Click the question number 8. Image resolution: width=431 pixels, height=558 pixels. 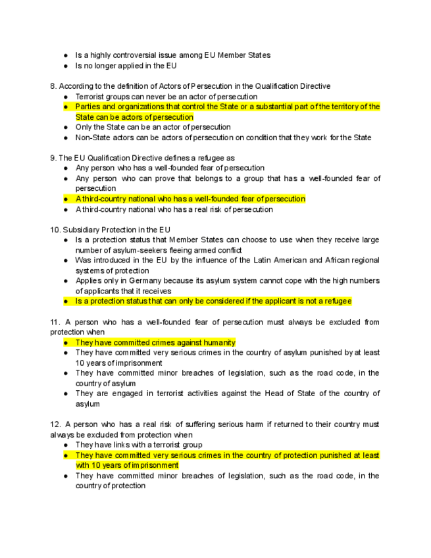[53, 86]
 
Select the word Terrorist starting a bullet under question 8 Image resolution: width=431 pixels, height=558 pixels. [91, 97]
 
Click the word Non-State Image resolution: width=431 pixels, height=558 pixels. [95, 138]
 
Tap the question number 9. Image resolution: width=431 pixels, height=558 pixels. [53, 158]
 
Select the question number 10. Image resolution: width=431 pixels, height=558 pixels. [55, 230]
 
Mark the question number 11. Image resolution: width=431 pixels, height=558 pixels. [55, 322]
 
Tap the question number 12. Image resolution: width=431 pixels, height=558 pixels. [55, 424]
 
